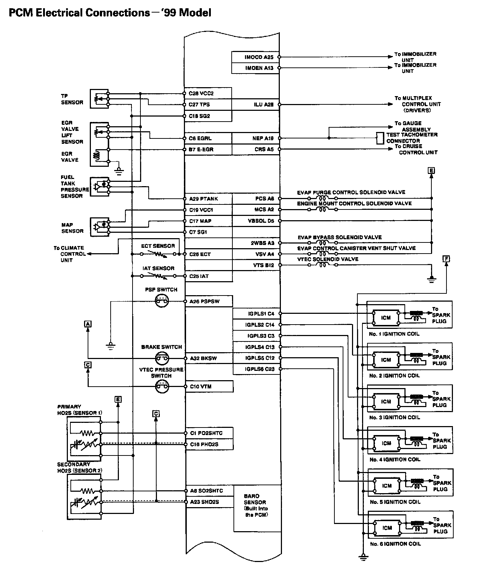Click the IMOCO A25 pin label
click(x=259, y=57)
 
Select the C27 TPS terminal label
click(x=199, y=105)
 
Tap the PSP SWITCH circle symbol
click(x=162, y=302)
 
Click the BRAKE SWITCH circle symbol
click(x=162, y=358)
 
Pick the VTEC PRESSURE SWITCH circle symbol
click(x=162, y=387)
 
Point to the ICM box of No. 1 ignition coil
click(x=386, y=318)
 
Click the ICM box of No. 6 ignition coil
click(x=387, y=528)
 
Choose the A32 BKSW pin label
click(x=203, y=358)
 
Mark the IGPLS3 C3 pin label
click(x=261, y=336)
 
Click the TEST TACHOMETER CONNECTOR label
click(x=412, y=138)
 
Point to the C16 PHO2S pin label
click(x=204, y=444)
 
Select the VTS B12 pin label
click(x=263, y=265)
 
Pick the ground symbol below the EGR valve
click(x=120, y=171)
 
